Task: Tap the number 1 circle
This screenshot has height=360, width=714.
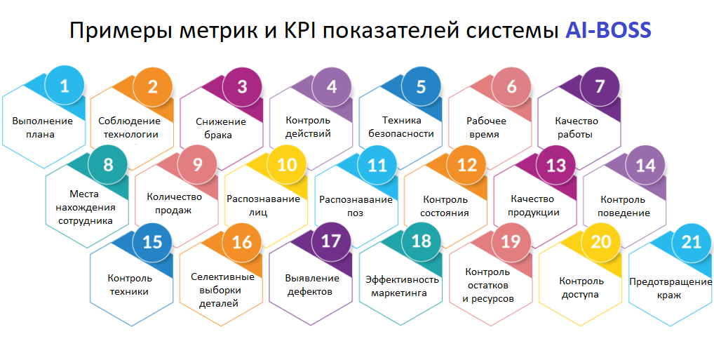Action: click(x=65, y=87)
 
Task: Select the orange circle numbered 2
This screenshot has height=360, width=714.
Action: click(x=153, y=87)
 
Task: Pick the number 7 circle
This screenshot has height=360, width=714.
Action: click(x=599, y=87)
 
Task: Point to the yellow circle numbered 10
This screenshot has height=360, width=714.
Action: click(x=287, y=166)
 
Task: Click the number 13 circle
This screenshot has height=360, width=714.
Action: click(x=555, y=166)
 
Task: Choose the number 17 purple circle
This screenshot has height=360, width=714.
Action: click(x=330, y=242)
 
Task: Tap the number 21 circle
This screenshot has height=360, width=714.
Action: click(x=691, y=242)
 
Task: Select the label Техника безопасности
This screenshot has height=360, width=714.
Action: click(x=402, y=127)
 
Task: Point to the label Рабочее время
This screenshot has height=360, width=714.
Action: click(x=486, y=127)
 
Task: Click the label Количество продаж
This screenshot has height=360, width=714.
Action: click(x=174, y=204)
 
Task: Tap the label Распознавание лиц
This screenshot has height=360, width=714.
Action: click(x=263, y=206)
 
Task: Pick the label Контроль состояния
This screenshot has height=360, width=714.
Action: click(x=445, y=206)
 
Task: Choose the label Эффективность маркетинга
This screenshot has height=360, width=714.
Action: click(x=402, y=286)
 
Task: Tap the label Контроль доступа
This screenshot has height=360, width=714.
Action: click(x=580, y=288)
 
